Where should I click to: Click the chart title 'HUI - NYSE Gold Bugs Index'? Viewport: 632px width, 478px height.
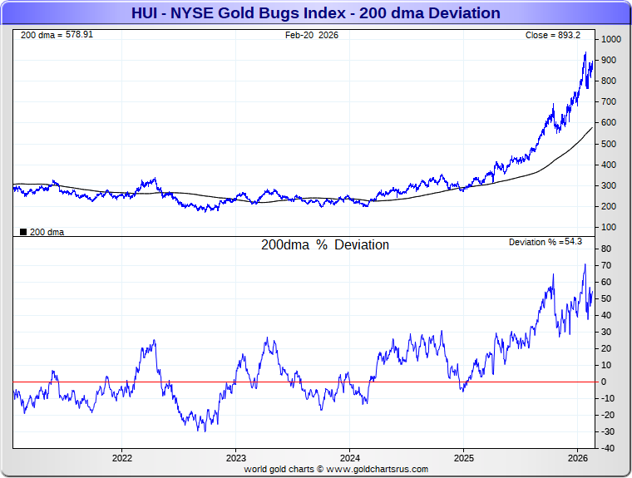point(315,13)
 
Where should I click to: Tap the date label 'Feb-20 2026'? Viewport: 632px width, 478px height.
point(312,35)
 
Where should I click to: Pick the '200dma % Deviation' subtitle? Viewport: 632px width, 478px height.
point(325,245)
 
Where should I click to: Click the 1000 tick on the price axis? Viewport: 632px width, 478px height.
point(612,40)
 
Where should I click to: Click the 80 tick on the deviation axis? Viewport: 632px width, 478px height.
point(608,249)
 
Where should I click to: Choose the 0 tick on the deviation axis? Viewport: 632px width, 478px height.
point(605,382)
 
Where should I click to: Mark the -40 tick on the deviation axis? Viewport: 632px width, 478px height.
point(608,448)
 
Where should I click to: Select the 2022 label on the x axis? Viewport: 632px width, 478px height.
point(122,458)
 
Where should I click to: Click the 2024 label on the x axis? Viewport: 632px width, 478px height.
point(350,458)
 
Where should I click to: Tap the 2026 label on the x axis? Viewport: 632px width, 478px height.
point(578,458)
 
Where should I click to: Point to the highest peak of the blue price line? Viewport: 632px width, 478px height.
point(585,53)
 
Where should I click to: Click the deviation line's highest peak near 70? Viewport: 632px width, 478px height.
point(585,264)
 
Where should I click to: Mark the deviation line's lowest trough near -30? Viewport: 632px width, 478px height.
point(200,431)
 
